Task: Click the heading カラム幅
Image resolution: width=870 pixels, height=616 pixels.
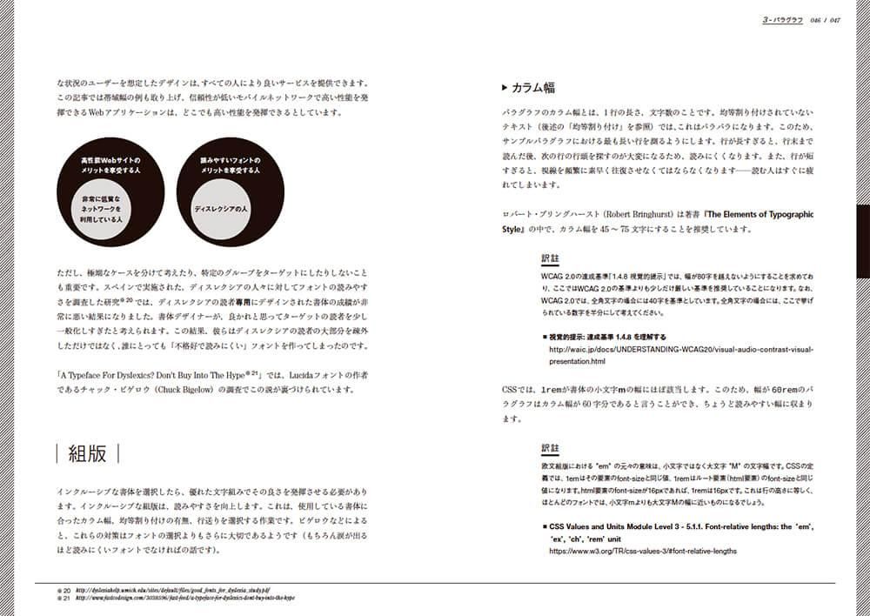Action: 533,88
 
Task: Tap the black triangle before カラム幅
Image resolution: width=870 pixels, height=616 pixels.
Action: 505,88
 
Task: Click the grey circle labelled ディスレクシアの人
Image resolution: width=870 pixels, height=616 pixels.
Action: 221,210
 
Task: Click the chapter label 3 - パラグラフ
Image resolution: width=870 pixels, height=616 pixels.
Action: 782,19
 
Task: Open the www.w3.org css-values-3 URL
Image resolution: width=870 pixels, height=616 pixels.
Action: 643,551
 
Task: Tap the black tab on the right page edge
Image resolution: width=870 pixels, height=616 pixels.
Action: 863,241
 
